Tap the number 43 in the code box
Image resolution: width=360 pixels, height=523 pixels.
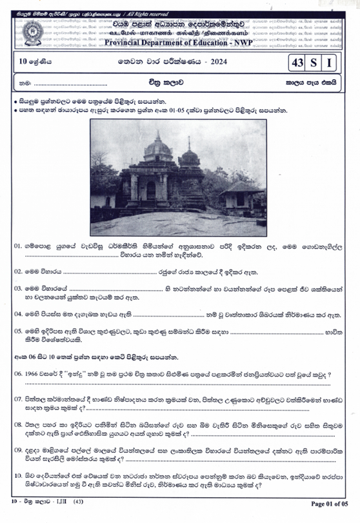point(298,63)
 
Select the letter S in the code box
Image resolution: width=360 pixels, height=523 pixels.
point(314,63)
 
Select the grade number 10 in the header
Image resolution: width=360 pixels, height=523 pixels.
point(23,63)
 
